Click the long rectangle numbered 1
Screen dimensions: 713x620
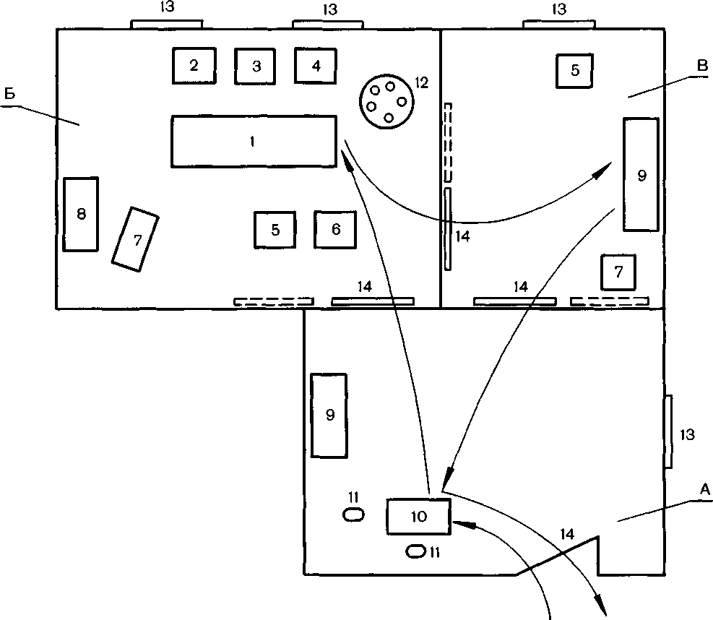(x=254, y=142)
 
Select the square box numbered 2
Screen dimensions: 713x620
(x=194, y=66)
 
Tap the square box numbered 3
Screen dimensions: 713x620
(x=255, y=66)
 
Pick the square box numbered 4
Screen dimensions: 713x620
(x=316, y=66)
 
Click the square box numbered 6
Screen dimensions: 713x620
(x=335, y=229)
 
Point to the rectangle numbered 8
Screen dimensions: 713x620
(x=80, y=214)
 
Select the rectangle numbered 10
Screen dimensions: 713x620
(x=419, y=516)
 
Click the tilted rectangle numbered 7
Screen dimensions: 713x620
(x=136, y=239)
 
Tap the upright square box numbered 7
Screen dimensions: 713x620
(x=618, y=272)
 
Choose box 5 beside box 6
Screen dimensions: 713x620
(x=275, y=230)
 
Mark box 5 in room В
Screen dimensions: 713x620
(x=575, y=71)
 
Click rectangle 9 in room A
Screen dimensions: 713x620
(x=329, y=416)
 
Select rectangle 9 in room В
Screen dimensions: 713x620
(x=641, y=175)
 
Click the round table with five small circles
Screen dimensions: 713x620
(x=387, y=101)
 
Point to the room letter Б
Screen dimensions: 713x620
(x=10, y=94)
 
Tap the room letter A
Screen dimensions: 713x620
(x=704, y=490)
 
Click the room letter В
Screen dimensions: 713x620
(x=703, y=66)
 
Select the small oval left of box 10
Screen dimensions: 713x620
(x=353, y=515)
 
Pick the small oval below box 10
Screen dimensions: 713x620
(x=415, y=551)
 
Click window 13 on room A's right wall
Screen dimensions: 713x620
(x=668, y=431)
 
